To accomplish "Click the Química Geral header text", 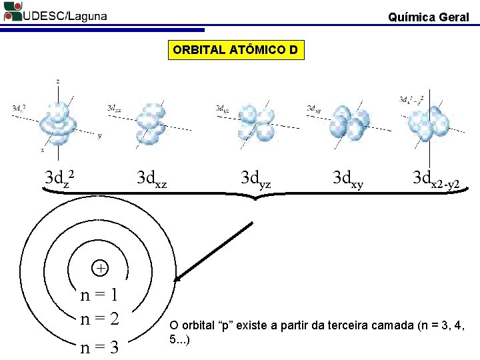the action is [429, 17].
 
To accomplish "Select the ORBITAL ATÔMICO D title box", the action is [235, 50].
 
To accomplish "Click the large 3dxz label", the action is [151, 179].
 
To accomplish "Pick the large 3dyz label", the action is [255, 179].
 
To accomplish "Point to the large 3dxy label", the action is [348, 179].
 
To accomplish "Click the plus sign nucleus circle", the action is [99, 268].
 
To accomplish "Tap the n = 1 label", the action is [99, 294].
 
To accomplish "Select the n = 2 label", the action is [99, 318].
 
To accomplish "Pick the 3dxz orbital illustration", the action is [152, 121].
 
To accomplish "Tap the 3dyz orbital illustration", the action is [257, 122].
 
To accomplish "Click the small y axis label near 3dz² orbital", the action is [100, 136].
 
